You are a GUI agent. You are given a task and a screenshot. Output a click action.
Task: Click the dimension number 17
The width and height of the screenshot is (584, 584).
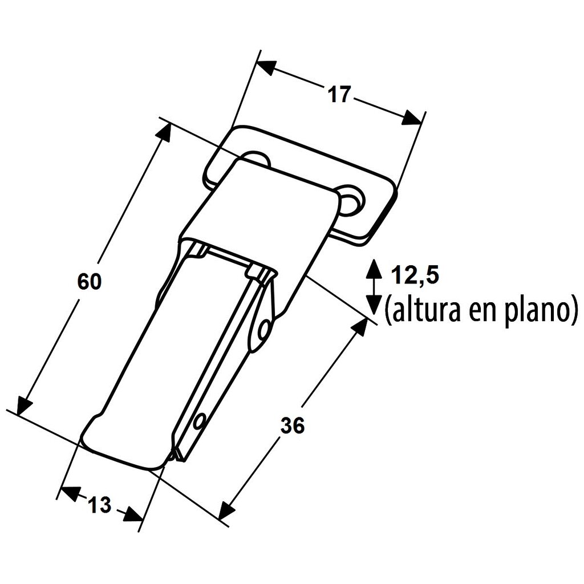339,94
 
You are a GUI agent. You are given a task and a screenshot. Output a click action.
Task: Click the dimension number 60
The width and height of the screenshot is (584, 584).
90,281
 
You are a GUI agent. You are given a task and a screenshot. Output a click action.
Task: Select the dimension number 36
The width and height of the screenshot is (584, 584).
293,425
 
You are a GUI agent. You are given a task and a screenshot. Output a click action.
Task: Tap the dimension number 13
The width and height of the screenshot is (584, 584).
99,505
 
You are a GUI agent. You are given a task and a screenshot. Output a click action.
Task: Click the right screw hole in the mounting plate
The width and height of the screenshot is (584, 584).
351,200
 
